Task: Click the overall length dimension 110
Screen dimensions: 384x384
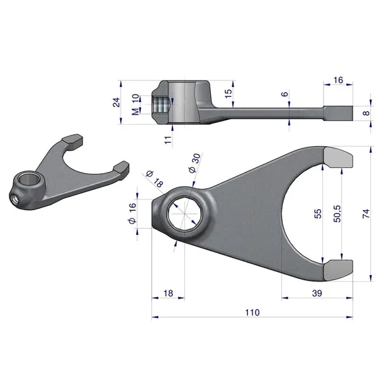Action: (x=252, y=312)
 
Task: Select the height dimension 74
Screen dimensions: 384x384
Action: (x=366, y=213)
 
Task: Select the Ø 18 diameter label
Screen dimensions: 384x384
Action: (x=154, y=178)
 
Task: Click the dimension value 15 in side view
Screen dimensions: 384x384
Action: (x=228, y=93)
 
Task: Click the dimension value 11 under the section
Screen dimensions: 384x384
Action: (x=168, y=139)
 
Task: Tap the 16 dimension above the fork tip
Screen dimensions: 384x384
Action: (x=338, y=80)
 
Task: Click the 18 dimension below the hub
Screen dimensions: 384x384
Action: (x=168, y=293)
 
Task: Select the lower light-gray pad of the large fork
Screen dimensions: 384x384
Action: (x=339, y=269)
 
